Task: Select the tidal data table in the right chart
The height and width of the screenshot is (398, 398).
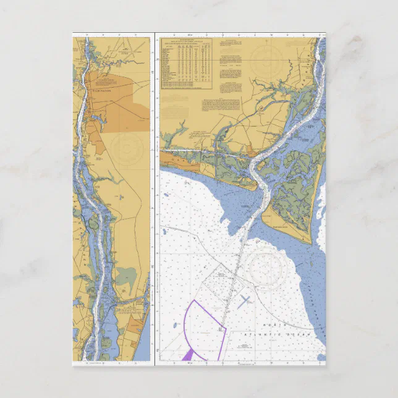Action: (x=186, y=62)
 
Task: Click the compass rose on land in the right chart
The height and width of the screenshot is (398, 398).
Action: (x=266, y=59)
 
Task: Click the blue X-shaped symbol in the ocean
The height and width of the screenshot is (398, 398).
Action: (x=245, y=301)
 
